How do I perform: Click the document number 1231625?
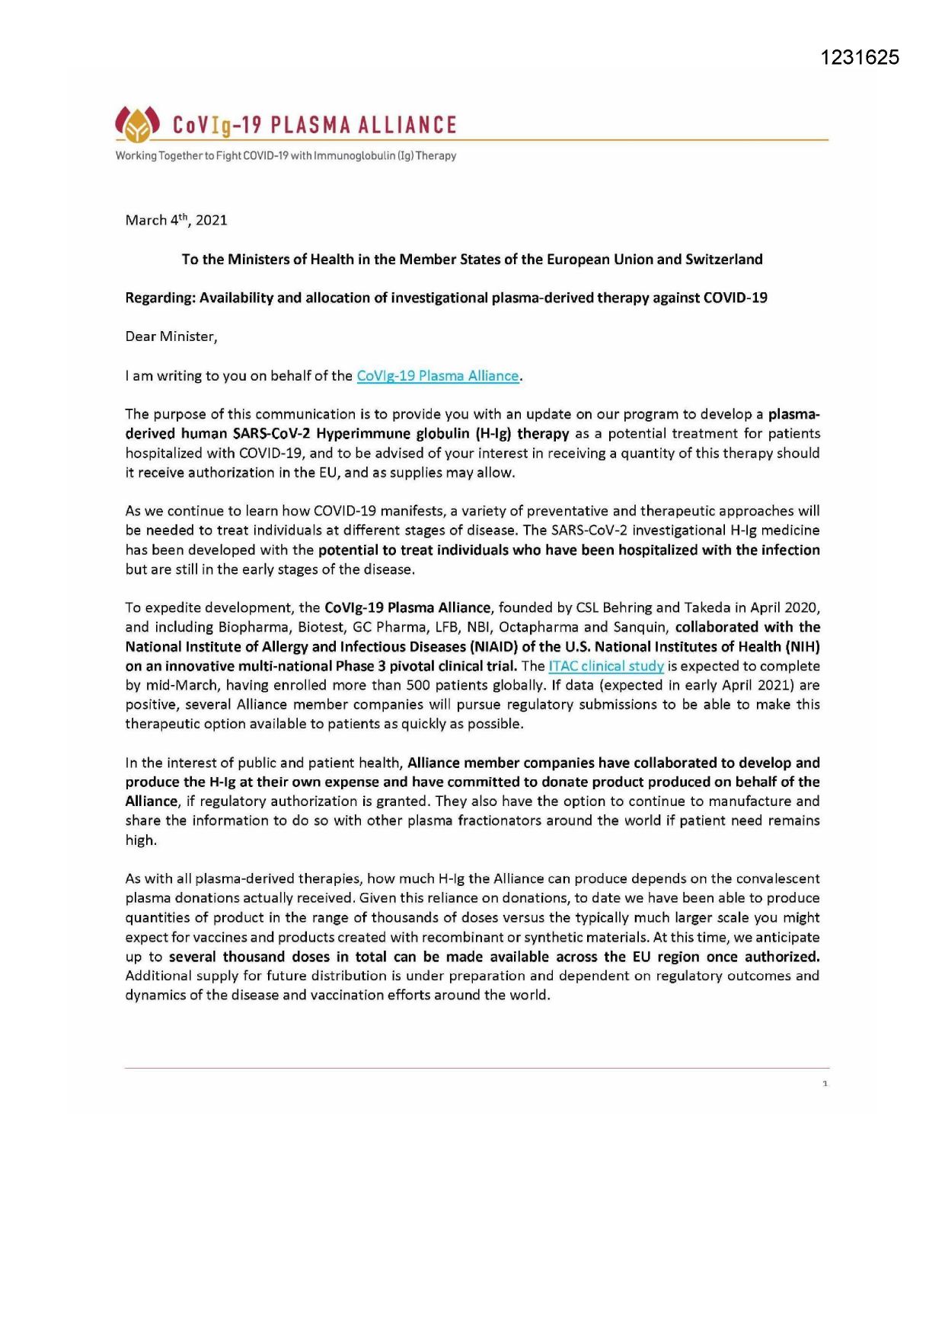pos(860,58)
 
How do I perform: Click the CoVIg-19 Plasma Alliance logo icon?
pos(137,124)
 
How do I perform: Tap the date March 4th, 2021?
pos(176,220)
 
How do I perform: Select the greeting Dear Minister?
pos(171,336)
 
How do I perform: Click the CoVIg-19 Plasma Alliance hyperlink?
pos(438,376)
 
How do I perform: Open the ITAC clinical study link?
pos(606,666)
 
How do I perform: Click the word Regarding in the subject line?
pos(160,298)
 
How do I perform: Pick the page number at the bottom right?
pos(825,1083)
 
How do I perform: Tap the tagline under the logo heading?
pos(286,156)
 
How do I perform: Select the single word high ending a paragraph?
pos(140,840)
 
